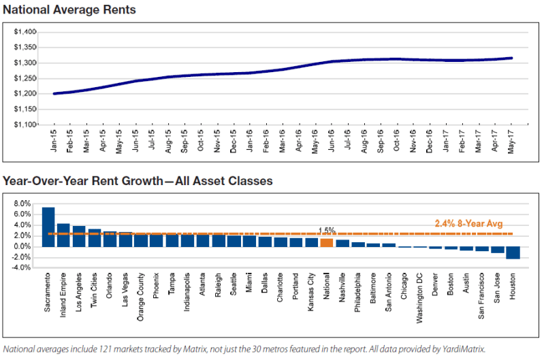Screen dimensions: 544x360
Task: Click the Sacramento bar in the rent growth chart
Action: coord(48,227)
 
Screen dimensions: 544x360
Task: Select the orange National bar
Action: coord(327,243)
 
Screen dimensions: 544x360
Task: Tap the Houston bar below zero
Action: coord(513,253)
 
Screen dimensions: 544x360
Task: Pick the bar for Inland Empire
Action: coord(63,235)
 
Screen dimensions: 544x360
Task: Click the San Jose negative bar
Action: coord(498,250)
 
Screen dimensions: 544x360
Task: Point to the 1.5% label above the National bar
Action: coord(327,230)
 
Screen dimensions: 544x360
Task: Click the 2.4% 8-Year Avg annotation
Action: coord(468,224)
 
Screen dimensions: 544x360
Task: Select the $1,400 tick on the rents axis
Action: coord(25,32)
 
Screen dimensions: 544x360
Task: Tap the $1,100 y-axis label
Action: coord(25,124)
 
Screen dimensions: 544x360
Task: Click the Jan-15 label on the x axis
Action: coord(54,140)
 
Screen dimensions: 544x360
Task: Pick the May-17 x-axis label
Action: coord(511,142)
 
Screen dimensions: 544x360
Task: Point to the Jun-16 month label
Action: coord(332,140)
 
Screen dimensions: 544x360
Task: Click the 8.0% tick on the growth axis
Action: coord(22,203)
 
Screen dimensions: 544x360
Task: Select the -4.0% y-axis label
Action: coord(22,267)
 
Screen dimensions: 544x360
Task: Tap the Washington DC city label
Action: coord(419,298)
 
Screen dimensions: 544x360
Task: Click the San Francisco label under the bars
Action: coord(481,296)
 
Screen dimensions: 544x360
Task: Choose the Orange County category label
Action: coord(140,297)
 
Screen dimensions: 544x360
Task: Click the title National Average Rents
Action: coord(69,10)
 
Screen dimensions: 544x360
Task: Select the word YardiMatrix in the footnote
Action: coord(464,349)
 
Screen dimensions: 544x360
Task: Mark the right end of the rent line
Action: coord(511,58)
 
